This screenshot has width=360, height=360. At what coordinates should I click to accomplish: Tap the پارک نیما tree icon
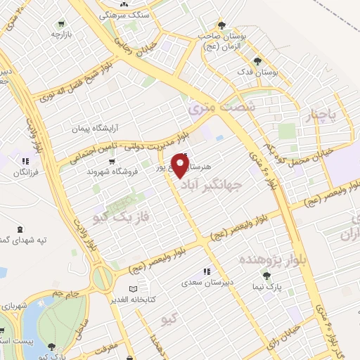coord(266,276)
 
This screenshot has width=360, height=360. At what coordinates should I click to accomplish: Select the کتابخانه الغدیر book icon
coord(134,288)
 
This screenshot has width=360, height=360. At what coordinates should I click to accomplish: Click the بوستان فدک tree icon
coord(257,61)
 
